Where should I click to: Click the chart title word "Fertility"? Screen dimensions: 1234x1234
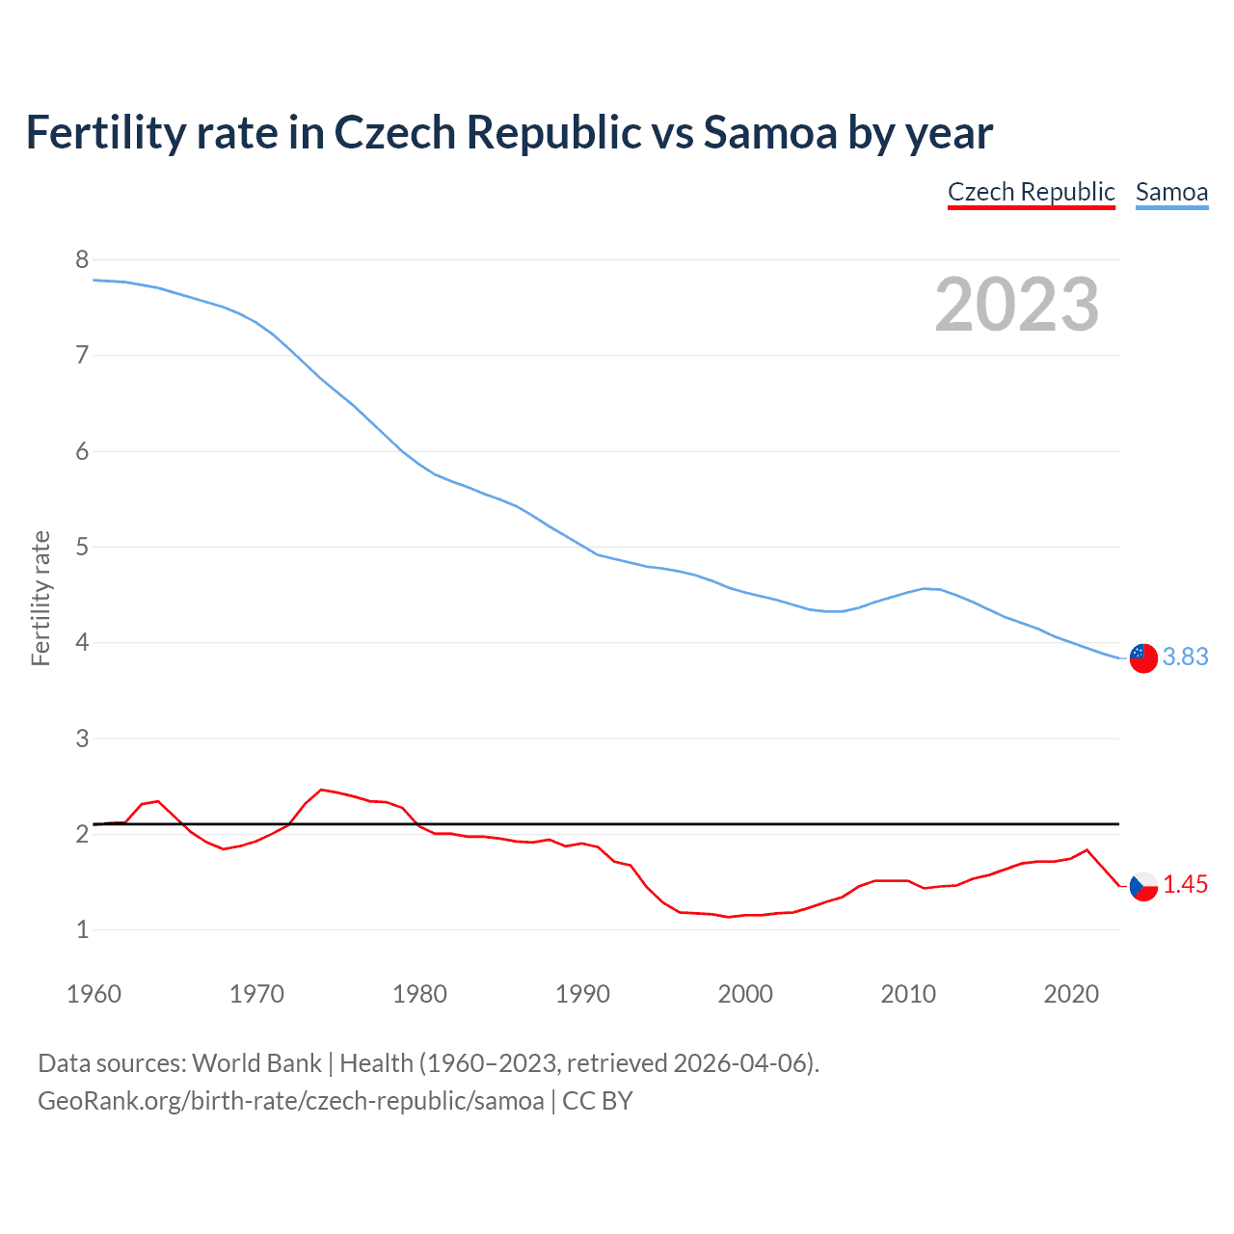[x=104, y=132]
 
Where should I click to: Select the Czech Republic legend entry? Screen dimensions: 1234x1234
[x=1031, y=192]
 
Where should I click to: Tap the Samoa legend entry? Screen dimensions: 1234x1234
[x=1171, y=192]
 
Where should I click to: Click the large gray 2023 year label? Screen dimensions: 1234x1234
[x=1017, y=305]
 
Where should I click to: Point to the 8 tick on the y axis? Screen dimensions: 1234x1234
[x=82, y=259]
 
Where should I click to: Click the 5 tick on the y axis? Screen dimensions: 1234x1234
[x=82, y=547]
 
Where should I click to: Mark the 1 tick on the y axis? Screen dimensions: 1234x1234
[x=82, y=930]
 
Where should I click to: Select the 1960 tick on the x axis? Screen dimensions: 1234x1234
[x=94, y=994]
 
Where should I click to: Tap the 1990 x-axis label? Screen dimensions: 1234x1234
[x=582, y=994]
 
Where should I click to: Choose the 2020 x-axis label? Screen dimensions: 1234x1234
[x=1071, y=994]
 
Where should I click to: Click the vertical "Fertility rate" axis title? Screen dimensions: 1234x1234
[x=40, y=598]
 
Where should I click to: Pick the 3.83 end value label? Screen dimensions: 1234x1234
[x=1185, y=657]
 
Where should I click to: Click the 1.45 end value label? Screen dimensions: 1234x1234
[x=1185, y=884]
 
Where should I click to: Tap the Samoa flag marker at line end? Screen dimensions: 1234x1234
[x=1143, y=657]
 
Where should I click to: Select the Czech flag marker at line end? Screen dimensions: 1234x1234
[x=1143, y=885]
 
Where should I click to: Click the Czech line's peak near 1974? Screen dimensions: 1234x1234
[x=321, y=790]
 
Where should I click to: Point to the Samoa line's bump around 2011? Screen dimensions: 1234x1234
[x=925, y=588]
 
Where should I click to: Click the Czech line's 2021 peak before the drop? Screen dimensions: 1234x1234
[x=1087, y=849]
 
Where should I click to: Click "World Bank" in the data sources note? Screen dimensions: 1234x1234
[x=256, y=1062]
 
